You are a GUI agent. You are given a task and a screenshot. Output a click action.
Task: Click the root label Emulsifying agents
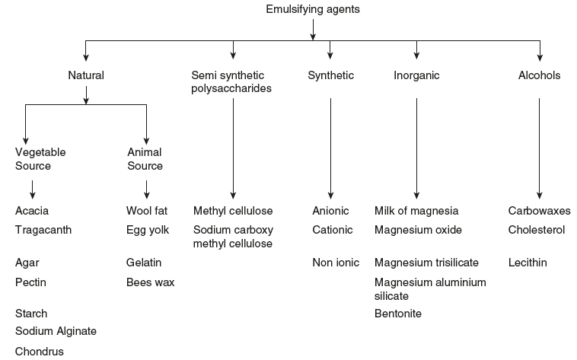click(312, 10)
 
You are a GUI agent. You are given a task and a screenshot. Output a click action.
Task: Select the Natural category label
click(86, 75)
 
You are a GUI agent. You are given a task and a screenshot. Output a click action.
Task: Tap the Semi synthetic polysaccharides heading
click(231, 82)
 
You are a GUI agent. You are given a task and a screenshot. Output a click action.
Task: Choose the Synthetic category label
click(330, 75)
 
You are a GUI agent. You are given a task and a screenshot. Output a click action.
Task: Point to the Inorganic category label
click(416, 75)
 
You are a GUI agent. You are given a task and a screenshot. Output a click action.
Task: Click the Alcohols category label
click(539, 75)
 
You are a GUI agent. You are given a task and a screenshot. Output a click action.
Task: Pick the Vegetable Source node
click(40, 159)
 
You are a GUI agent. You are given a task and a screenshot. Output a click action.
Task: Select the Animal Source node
click(145, 159)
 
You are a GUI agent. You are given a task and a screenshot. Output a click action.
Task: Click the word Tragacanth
click(43, 230)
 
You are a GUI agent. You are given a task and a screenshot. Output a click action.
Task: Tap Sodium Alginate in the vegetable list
click(56, 331)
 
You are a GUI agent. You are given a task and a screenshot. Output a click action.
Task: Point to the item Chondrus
click(40, 352)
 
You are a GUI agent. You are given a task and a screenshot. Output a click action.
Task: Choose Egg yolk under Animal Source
click(148, 230)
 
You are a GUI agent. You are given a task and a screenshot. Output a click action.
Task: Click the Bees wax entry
click(150, 282)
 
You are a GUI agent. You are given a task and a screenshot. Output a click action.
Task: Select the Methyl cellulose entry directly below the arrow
click(233, 211)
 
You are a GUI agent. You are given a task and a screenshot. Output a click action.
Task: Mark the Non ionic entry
click(335, 263)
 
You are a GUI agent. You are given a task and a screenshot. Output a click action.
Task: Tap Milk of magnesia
click(416, 211)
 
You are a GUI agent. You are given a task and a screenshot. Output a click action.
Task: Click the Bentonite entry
click(398, 314)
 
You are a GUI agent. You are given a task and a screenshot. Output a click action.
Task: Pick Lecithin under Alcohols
click(528, 263)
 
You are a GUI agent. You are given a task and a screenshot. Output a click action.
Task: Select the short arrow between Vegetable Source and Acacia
click(32, 189)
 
